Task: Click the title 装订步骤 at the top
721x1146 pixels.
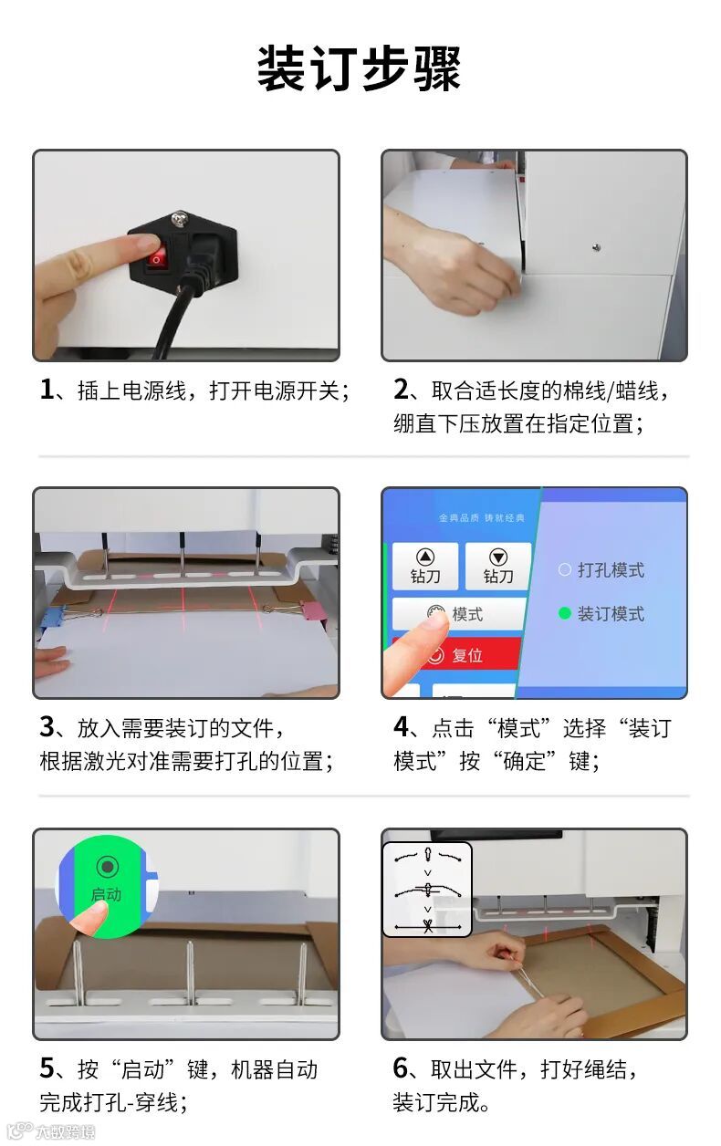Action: coord(360,68)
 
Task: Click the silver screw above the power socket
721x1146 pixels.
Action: coord(179,220)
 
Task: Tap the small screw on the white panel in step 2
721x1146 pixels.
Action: coord(596,248)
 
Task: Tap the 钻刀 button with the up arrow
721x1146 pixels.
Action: coord(425,566)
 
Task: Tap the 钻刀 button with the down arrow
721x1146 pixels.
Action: coord(498,566)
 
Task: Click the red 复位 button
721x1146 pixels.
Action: coord(457,654)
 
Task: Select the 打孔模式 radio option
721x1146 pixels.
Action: coord(601,570)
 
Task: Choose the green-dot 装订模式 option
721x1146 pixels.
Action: coord(601,613)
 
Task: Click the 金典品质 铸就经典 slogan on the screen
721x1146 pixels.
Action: coord(482,518)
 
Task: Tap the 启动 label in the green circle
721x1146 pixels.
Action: coord(107,895)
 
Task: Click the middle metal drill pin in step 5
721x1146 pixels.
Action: coord(190,972)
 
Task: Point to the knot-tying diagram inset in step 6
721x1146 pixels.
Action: coord(427,890)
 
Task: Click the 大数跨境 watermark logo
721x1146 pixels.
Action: coord(51,1131)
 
